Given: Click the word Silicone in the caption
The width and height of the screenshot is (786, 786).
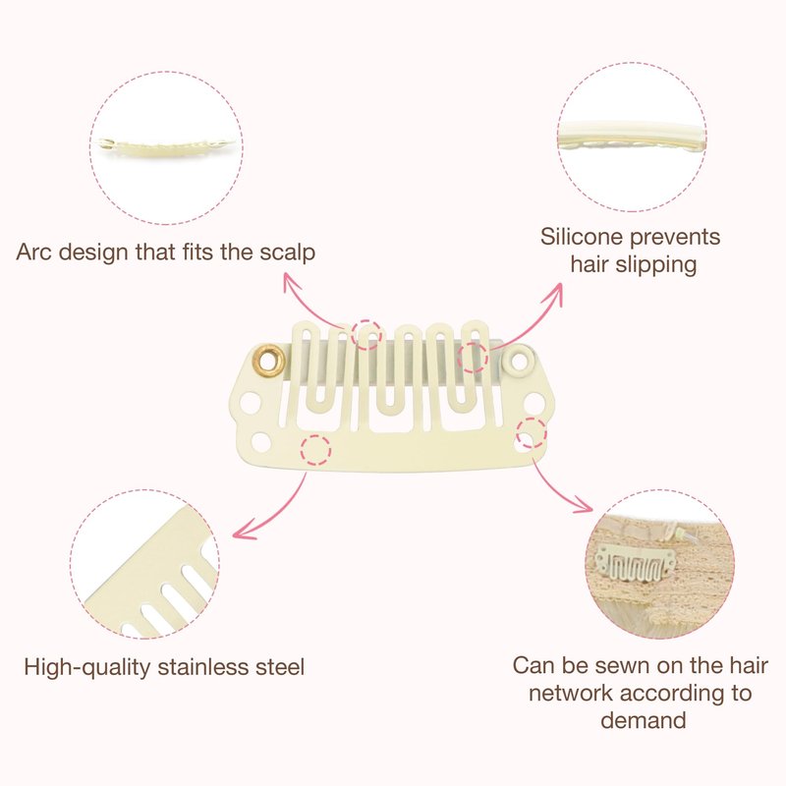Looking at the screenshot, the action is (581, 237).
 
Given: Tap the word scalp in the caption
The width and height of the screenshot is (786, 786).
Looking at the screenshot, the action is (287, 253).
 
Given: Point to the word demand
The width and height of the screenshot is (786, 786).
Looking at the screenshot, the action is (644, 720).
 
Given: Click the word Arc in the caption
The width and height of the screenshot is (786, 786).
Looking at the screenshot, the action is (33, 253).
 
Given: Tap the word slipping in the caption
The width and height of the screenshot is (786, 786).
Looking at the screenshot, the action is (656, 265).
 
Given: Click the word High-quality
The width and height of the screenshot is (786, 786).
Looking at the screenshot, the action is (87, 668).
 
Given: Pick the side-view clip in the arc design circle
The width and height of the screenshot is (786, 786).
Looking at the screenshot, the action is (167, 146).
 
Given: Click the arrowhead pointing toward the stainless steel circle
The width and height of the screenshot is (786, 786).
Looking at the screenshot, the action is (245, 532).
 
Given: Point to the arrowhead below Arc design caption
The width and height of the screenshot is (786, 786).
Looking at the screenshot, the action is (291, 281).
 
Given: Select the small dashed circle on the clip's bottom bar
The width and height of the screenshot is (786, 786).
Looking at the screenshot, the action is (315, 450).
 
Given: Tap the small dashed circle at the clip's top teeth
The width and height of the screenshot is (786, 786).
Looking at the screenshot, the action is (366, 334).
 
